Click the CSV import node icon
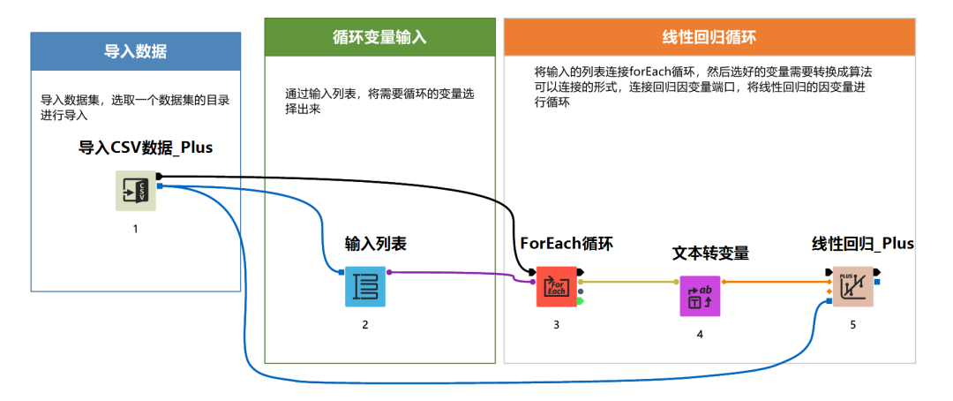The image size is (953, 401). (136, 191)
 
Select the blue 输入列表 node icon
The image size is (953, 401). (365, 286)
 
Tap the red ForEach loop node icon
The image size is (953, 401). (556, 286)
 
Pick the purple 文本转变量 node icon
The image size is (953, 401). (700, 296)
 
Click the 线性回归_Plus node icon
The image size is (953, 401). (852, 286)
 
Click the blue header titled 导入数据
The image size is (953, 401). (136, 51)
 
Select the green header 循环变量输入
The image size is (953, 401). (379, 37)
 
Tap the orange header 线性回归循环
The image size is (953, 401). (709, 37)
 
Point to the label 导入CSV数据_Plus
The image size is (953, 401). (146, 148)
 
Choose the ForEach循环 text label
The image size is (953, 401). (567, 244)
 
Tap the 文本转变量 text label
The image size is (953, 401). (710, 253)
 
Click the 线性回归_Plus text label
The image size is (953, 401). (862, 244)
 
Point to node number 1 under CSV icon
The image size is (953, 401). (136, 229)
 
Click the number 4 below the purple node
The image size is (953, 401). (700, 334)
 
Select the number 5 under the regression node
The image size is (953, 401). (852, 325)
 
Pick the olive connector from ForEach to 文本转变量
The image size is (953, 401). (628, 282)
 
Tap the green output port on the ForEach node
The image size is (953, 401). (581, 300)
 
